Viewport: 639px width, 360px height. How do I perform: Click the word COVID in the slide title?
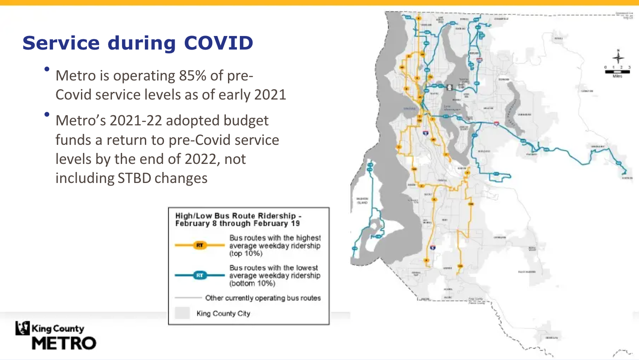pyautogui.click(x=218, y=43)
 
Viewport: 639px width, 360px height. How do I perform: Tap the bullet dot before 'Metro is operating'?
pyautogui.click(x=47, y=69)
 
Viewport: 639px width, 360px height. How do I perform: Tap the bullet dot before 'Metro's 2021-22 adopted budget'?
pyautogui.click(x=47, y=114)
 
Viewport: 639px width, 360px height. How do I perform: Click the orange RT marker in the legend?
pyautogui.click(x=200, y=245)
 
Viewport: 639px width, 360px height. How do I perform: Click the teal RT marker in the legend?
pyautogui.click(x=200, y=275)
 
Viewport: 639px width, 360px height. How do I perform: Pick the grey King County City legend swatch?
pyautogui.click(x=182, y=313)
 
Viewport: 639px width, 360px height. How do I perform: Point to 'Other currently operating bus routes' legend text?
pyautogui.click(x=263, y=298)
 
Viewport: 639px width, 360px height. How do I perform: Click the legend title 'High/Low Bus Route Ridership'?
pyautogui.click(x=236, y=216)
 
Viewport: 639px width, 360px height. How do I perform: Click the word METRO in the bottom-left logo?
pyautogui.click(x=64, y=343)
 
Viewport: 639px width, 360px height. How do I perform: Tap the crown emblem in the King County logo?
pyautogui.click(x=22, y=328)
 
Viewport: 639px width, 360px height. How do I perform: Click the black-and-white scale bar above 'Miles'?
pyautogui.click(x=617, y=72)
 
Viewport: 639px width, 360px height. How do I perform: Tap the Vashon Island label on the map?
pyautogui.click(x=362, y=201)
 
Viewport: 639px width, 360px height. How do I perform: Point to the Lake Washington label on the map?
pyautogui.click(x=452, y=109)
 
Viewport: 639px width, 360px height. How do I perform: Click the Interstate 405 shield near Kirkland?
pyautogui.click(x=479, y=61)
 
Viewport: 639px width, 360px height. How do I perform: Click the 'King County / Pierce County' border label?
pyautogui.click(x=476, y=301)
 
